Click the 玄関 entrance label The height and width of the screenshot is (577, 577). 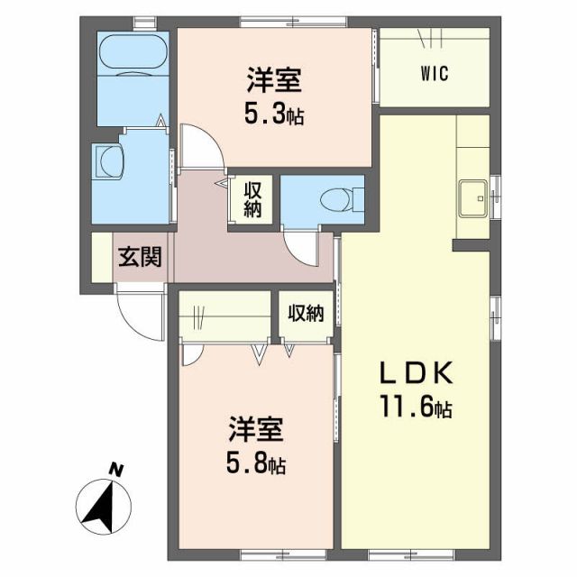[x=140, y=258]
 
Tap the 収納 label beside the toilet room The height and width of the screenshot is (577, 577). [x=252, y=199]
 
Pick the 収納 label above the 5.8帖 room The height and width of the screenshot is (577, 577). [x=306, y=313]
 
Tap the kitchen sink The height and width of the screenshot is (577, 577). [x=473, y=197]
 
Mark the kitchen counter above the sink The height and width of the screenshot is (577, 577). [x=472, y=144]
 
